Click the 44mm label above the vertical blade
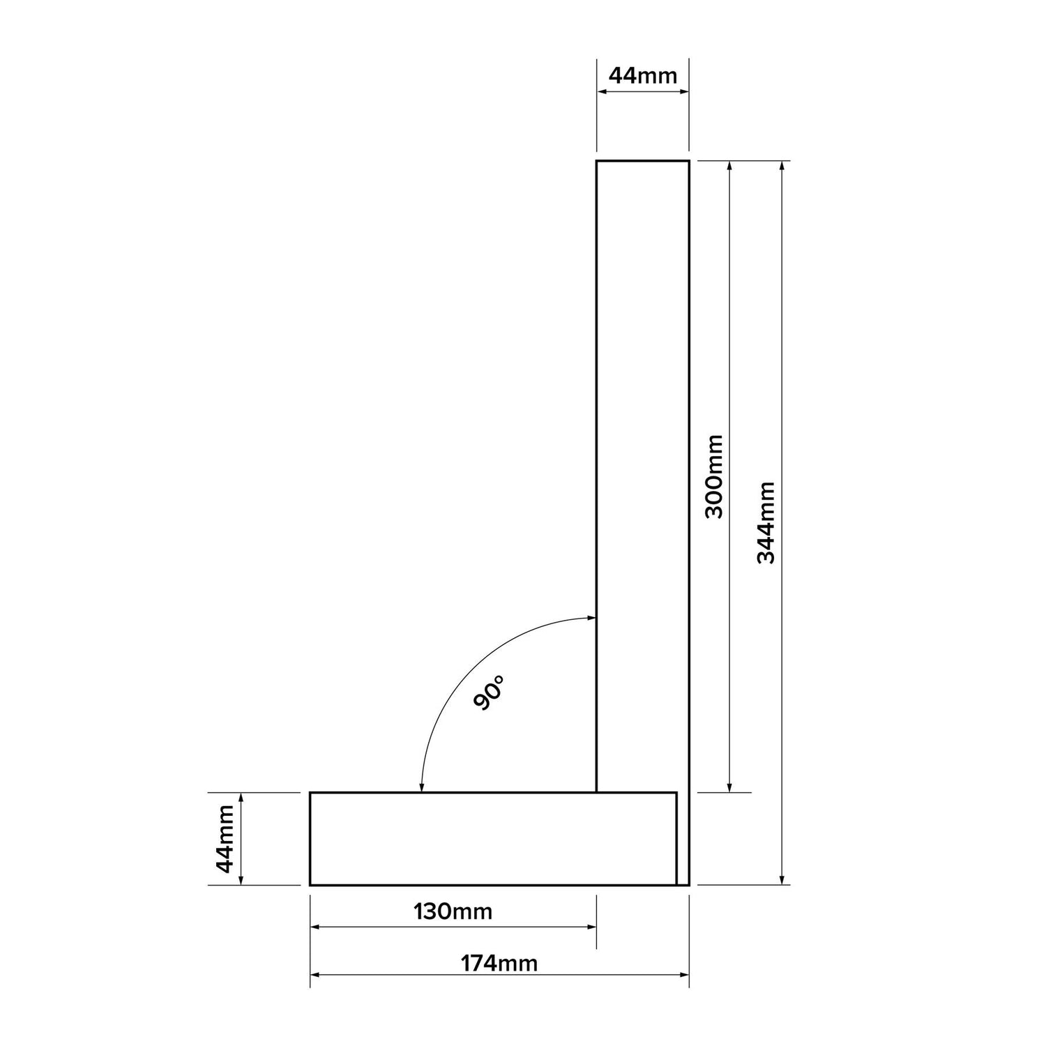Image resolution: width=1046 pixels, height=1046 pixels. [642, 75]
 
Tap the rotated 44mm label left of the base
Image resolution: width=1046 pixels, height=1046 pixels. [225, 838]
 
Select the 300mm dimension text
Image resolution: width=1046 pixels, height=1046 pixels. [713, 476]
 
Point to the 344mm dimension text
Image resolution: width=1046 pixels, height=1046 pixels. [766, 522]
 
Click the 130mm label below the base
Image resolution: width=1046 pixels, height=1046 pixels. [453, 911]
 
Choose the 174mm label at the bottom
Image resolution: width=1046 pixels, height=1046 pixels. [499, 963]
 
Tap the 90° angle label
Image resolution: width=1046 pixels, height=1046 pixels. [488, 692]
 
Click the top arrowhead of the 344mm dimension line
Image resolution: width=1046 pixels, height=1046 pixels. [782, 166]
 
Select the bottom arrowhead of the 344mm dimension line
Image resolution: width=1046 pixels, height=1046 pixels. [782, 879]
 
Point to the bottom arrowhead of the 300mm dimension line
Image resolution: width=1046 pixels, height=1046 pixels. [729, 787]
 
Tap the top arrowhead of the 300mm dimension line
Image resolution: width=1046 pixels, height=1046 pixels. [729, 166]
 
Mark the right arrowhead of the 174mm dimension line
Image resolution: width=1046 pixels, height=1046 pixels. [684, 974]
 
